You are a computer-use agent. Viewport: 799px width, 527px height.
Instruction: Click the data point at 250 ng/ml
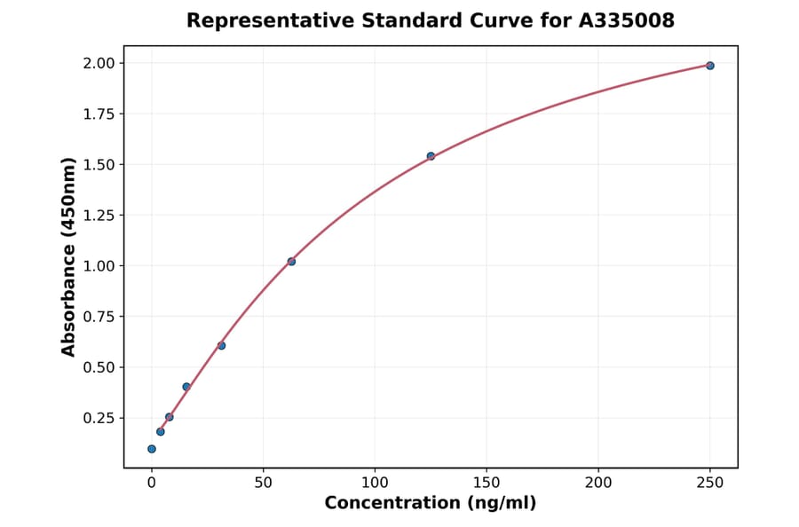point(710,66)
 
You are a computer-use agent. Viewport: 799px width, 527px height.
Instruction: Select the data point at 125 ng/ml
point(431,156)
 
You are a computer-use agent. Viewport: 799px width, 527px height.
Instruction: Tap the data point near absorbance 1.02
point(291,262)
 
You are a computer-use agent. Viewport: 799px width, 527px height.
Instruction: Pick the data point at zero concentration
point(152,449)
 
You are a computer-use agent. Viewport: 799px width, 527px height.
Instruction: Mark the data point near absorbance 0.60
point(221,346)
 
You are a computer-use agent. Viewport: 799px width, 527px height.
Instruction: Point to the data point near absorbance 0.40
point(186,387)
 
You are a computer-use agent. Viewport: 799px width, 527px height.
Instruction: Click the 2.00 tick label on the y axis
point(98,63)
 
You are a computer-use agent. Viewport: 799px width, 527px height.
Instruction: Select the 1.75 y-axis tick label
point(98,114)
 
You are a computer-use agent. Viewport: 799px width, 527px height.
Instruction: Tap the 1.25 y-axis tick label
point(98,216)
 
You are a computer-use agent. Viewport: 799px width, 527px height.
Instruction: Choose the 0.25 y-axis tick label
point(98,418)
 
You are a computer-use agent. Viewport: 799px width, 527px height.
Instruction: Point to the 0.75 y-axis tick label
point(98,317)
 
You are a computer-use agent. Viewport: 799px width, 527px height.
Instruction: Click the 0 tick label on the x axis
point(152,483)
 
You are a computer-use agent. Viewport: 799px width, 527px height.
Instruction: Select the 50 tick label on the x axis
point(263,483)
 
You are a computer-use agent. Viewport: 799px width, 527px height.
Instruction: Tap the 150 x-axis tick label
point(487,483)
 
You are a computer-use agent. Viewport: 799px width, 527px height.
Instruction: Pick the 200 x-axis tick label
point(598,483)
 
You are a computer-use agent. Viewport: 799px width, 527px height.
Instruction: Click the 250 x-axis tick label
point(710,483)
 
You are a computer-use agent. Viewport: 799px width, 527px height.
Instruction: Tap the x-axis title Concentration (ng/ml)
point(431,504)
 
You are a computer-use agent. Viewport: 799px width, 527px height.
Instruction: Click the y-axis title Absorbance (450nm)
point(69,256)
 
